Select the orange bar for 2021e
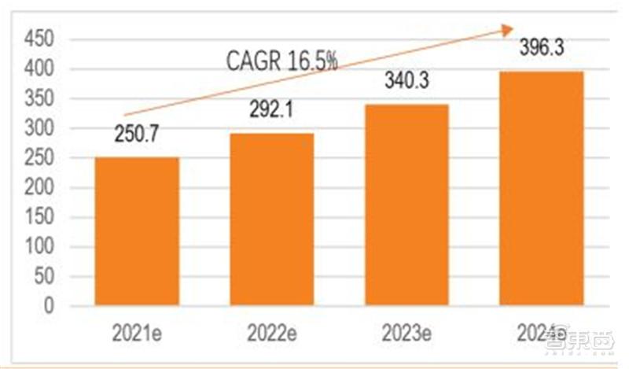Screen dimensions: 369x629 pos(137,231)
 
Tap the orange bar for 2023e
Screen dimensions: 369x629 pos(406,205)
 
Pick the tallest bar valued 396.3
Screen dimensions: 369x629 pos(541,188)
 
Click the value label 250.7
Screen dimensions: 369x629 pos(137,135)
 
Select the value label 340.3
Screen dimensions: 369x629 pos(406,81)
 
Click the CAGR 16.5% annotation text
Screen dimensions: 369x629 pos(281,61)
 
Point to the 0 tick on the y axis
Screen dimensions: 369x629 pos(49,306)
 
